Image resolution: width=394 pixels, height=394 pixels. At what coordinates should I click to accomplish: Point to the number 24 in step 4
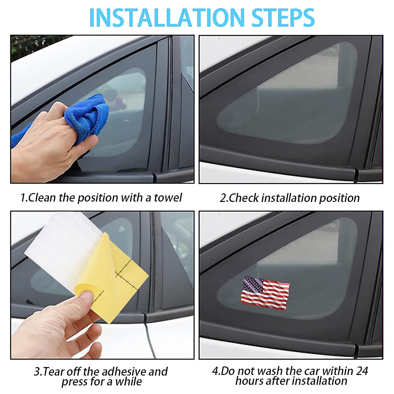tap(362, 371)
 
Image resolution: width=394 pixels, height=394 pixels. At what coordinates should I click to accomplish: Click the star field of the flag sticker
tap(252, 283)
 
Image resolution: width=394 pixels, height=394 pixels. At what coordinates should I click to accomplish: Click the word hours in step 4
tap(249, 381)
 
